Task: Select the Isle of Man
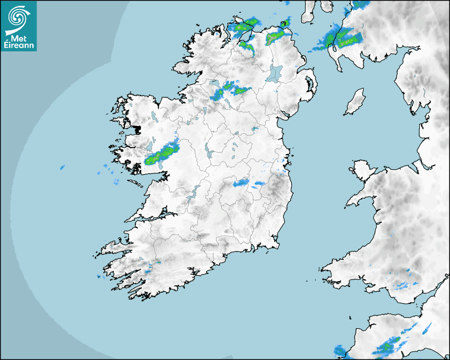(355, 102)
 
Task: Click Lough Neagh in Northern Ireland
(276, 73)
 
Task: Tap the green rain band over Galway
(162, 154)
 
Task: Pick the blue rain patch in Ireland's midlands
(242, 183)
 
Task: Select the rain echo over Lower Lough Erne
(218, 94)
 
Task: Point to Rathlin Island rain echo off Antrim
(285, 23)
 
